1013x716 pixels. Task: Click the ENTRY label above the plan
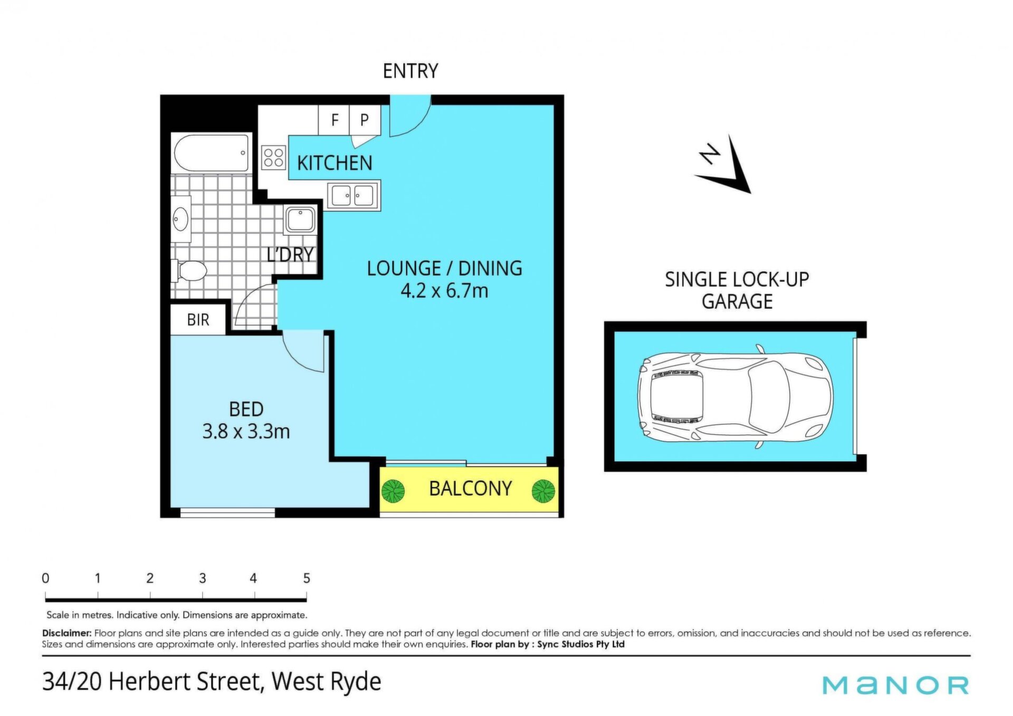(x=410, y=71)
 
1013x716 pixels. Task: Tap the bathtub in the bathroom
(x=212, y=153)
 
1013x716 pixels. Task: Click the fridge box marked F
(x=334, y=120)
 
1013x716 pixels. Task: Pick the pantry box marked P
(x=365, y=120)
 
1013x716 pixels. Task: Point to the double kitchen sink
(x=353, y=196)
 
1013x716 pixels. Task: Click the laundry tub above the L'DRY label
(x=301, y=220)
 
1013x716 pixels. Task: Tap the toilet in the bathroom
(x=189, y=271)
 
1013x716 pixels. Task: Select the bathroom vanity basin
(x=181, y=219)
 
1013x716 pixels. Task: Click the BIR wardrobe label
(x=198, y=320)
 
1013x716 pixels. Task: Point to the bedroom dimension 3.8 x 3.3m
(x=246, y=432)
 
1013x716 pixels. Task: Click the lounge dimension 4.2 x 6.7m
(x=444, y=291)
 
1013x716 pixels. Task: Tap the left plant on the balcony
(x=393, y=491)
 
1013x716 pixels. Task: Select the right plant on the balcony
(x=543, y=491)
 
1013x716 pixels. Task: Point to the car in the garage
(x=735, y=397)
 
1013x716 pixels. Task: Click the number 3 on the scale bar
(x=203, y=578)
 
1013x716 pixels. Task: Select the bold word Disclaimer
(x=67, y=633)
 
